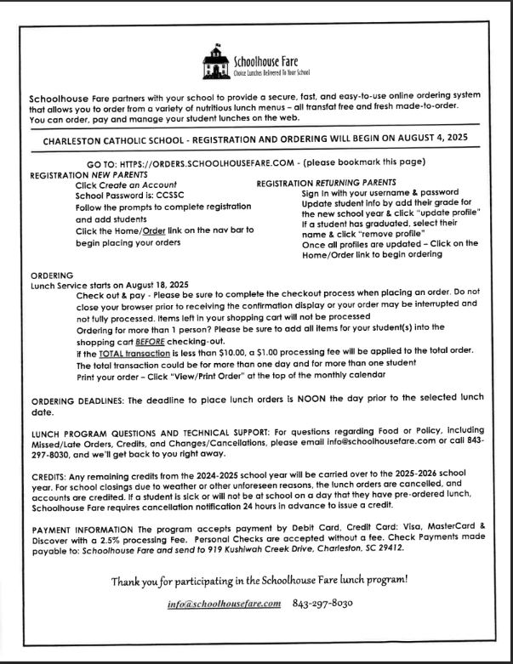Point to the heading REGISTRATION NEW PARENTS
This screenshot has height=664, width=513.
[x=83, y=173]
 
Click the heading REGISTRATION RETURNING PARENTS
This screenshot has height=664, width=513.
[x=326, y=183]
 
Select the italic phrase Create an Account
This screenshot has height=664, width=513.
[x=140, y=184]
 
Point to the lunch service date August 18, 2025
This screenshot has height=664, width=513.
[x=159, y=285]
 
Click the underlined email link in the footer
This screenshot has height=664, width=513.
[x=225, y=604]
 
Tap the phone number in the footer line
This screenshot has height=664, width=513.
[x=322, y=604]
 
